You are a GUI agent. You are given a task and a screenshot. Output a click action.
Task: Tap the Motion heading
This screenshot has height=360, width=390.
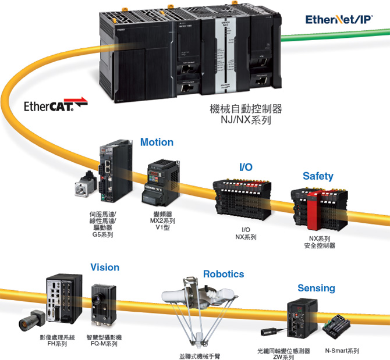tap(157, 142)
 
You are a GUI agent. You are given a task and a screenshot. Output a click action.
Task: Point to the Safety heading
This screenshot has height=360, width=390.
tap(318, 176)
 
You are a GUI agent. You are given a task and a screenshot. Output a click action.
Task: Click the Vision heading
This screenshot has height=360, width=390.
tap(105, 268)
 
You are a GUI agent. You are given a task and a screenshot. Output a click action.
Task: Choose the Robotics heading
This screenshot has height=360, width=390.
tap(224, 274)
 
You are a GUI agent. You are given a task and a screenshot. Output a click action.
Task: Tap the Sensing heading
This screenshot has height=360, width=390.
tap(316, 288)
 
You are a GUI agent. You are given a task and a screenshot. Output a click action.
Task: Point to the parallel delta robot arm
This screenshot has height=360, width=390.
tap(197, 314)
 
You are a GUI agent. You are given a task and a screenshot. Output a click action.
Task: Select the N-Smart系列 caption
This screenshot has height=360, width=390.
tap(342, 351)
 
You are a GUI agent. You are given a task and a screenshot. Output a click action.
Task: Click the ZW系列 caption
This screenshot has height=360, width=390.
tap(283, 358)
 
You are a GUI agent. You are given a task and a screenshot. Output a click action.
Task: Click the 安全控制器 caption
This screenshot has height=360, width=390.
tap(320, 245)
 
